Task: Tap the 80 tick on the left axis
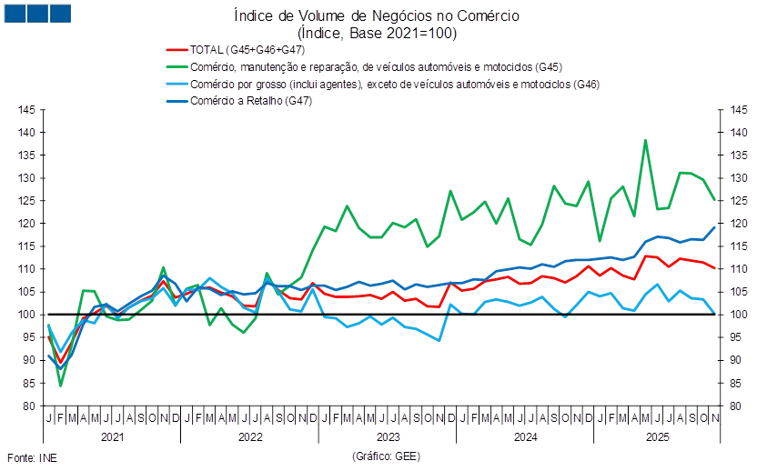pos(28,406)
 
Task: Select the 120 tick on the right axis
pos(737,224)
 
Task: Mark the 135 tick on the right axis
pos(737,155)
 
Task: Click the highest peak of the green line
pos(646,141)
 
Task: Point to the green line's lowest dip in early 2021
pos(61,386)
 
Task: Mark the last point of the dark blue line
pos(715,227)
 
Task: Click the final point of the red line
pos(715,269)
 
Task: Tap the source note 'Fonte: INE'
pos(31,457)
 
